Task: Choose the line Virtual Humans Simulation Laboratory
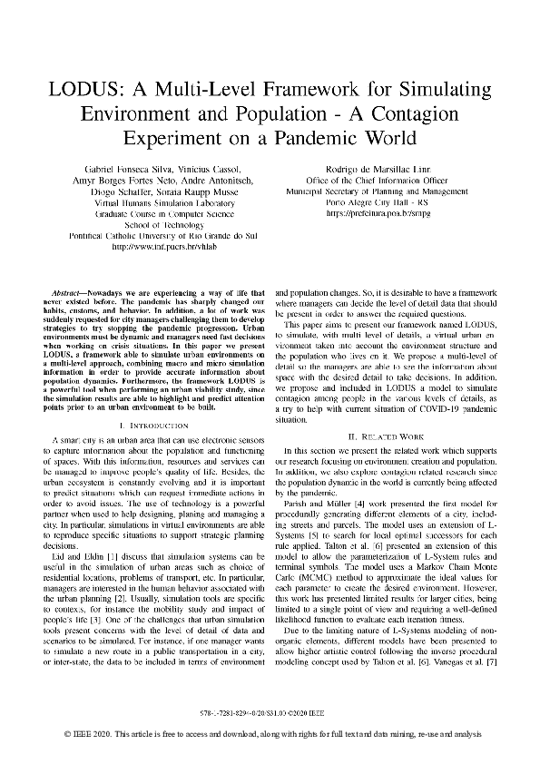152,205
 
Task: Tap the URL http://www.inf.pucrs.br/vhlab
152,246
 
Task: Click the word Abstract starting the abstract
71,294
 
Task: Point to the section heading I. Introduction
152,425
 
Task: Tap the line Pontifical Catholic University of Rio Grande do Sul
152,235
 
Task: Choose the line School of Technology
152,223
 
